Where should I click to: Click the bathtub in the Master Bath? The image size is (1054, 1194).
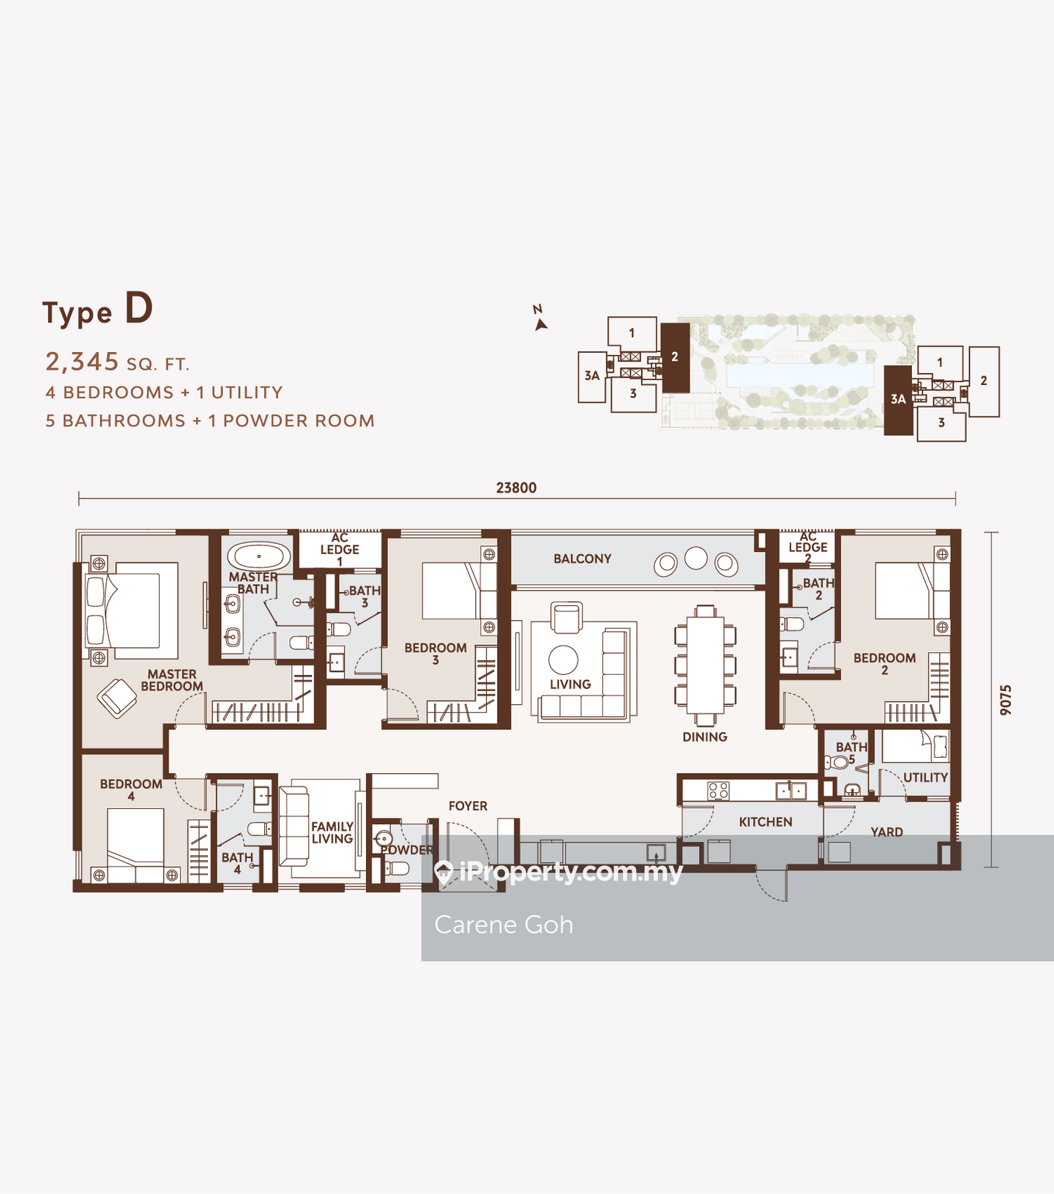coord(258,556)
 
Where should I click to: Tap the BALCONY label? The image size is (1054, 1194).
coord(582,559)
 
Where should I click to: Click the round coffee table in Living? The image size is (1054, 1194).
coord(564,660)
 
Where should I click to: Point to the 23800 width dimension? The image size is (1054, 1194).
coord(516,488)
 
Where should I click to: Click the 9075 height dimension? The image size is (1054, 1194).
coord(1006,700)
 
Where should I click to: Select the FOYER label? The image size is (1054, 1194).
coord(468,806)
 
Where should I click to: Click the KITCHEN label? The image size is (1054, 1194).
coord(766,822)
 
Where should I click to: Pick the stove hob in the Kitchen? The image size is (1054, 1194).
coord(718,791)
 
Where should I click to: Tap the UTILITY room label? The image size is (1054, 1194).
coord(925,777)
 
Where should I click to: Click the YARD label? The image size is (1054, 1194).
coord(886,832)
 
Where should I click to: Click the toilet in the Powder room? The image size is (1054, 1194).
coord(395,869)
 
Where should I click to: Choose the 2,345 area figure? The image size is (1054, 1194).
coord(82,362)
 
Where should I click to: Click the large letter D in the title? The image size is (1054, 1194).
coord(138,308)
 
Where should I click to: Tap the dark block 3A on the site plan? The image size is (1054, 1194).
coord(898,400)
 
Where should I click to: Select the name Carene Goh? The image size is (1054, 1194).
coord(504,925)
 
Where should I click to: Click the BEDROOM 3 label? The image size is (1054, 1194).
coord(436,654)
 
